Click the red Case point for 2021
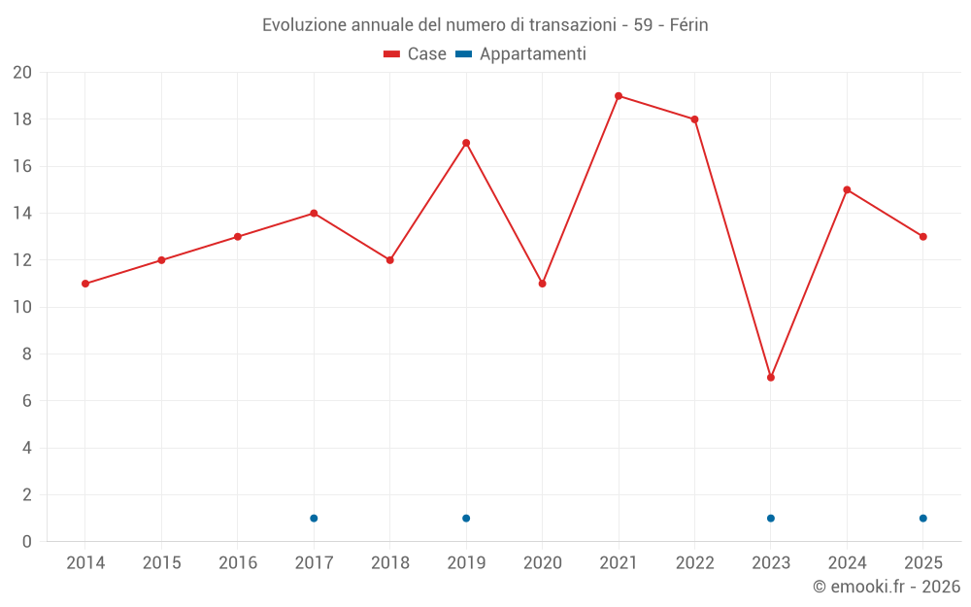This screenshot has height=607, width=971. [619, 96]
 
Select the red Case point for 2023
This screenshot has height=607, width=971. [771, 377]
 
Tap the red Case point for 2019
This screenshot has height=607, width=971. [466, 143]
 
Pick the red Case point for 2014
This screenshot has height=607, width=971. [85, 284]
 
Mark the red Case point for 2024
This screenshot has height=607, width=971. [847, 189]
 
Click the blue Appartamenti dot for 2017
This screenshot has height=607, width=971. [314, 518]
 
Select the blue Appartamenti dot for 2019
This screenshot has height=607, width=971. [466, 518]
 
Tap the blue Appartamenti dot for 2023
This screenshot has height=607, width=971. [771, 518]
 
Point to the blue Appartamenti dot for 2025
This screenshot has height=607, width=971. [922, 518]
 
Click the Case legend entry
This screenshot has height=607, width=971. [416, 54]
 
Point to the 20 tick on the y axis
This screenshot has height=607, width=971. [22, 73]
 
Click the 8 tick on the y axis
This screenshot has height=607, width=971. [27, 354]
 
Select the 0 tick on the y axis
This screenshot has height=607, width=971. [27, 542]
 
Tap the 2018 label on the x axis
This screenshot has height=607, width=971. [390, 563]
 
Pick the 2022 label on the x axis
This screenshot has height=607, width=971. [694, 563]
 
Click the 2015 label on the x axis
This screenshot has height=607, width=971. [161, 563]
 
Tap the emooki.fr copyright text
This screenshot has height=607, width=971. [887, 587]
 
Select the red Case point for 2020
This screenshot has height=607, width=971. [542, 284]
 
